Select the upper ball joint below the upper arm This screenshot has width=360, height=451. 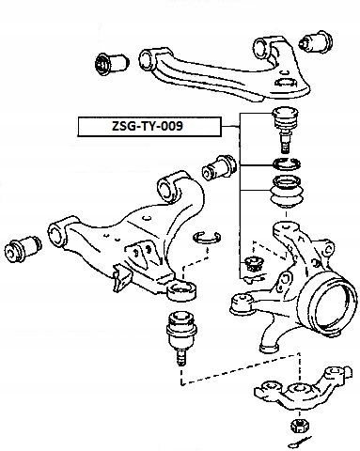(x=285, y=130)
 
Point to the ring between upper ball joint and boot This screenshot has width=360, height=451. (x=287, y=163)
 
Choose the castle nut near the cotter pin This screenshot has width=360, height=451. (x=299, y=426)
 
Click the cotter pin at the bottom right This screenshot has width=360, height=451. (x=299, y=443)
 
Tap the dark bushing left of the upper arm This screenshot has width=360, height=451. (x=111, y=63)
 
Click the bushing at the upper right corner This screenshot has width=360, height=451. (x=316, y=41)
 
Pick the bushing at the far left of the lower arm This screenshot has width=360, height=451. (x=23, y=247)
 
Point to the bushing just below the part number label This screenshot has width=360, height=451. (x=220, y=167)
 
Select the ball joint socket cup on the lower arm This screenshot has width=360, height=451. (x=181, y=290)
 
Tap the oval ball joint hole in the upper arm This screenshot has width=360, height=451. (x=286, y=84)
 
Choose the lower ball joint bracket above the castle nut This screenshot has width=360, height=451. (x=304, y=386)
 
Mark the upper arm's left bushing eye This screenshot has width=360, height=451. (x=147, y=60)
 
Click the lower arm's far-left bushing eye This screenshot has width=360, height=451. (x=58, y=234)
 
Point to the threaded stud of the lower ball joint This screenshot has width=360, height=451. (x=181, y=357)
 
